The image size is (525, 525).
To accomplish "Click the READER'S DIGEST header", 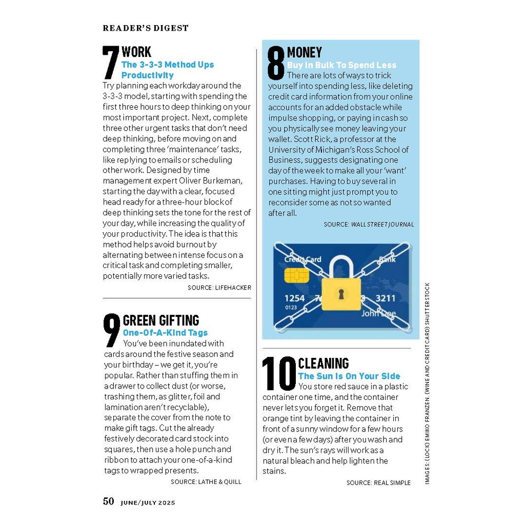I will point(146,28).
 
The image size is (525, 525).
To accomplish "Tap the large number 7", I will point(111,63).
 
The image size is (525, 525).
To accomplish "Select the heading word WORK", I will point(136,52).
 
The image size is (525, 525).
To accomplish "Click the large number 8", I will point(276,63).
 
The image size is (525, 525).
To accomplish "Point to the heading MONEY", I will point(305,52).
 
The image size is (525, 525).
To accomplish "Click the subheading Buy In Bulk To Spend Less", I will point(341,65).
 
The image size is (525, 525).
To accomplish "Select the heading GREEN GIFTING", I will point(161,320).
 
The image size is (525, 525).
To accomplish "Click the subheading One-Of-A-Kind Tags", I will point(165,333).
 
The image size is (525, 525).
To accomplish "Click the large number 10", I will point(279,374).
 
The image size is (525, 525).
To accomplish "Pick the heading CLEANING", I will point(323,364).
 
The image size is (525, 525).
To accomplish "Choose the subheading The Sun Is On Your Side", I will point(349,376).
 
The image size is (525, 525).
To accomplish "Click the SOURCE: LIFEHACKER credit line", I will point(219,288).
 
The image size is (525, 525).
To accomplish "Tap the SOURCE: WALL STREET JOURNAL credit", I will point(369,224).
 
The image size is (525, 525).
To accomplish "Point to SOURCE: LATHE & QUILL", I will point(206,482).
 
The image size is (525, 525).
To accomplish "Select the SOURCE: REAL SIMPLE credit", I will point(378,482).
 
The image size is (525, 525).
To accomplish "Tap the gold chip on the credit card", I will point(296,275).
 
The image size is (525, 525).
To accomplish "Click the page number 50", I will point(108,501).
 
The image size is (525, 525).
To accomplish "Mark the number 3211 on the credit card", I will point(385,298).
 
